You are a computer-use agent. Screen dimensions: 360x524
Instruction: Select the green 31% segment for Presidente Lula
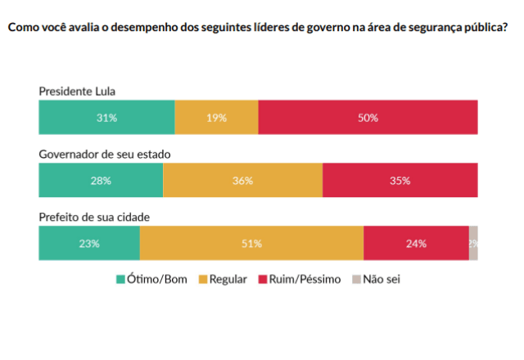click(106, 117)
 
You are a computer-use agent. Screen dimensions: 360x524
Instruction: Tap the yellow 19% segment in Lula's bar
click(216, 117)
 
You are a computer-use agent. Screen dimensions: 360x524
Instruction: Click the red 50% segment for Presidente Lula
click(368, 117)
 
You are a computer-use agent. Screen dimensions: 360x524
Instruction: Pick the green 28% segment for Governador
click(101, 180)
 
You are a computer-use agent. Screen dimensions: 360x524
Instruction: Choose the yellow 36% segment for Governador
click(242, 180)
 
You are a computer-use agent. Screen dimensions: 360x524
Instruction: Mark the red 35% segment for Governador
click(400, 180)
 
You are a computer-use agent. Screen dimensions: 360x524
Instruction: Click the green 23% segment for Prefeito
click(89, 243)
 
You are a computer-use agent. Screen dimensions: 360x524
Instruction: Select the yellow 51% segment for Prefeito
click(251, 243)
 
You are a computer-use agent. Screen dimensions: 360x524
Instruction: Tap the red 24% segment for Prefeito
click(416, 243)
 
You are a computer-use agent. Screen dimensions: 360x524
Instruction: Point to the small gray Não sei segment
click(473, 243)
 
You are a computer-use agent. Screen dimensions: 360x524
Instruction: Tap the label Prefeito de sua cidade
click(94, 218)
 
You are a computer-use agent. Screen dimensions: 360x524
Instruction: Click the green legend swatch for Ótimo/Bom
click(120, 279)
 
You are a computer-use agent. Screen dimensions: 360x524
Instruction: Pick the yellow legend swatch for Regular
click(202, 279)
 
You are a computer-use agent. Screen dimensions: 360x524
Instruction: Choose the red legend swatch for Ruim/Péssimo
click(263, 279)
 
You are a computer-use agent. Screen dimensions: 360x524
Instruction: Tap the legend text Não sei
click(382, 279)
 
